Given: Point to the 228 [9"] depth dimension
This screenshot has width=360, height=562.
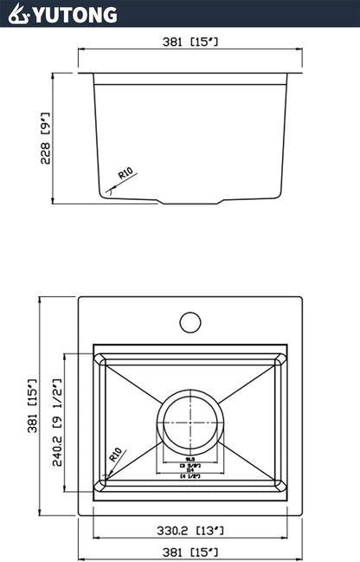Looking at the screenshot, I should pos(45,139).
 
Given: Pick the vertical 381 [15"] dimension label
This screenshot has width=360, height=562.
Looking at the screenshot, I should pos(32,406).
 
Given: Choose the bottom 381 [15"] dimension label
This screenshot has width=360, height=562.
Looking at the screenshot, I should pos(189,552).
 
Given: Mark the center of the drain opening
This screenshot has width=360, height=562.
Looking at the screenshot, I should pos(190,421).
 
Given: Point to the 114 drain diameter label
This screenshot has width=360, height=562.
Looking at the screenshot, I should pos(190,469).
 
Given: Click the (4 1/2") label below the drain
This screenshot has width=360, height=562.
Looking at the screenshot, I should pos(190,475).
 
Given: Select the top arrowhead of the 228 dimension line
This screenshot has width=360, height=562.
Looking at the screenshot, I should pos(55,76).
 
